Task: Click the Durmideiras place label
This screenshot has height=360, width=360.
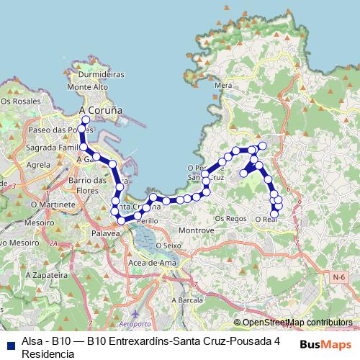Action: tap(101, 74)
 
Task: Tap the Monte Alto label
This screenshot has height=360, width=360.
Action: tap(87, 87)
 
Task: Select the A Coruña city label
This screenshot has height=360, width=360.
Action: tap(100, 110)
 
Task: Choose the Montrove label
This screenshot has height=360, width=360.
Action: tap(197, 230)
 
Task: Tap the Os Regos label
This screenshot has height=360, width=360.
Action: tap(231, 217)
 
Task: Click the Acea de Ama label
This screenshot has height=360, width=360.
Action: tap(152, 263)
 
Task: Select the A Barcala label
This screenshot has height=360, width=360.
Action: tap(186, 299)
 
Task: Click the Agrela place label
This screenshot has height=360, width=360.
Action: tap(38, 164)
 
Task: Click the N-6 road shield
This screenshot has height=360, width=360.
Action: tap(339, 276)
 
